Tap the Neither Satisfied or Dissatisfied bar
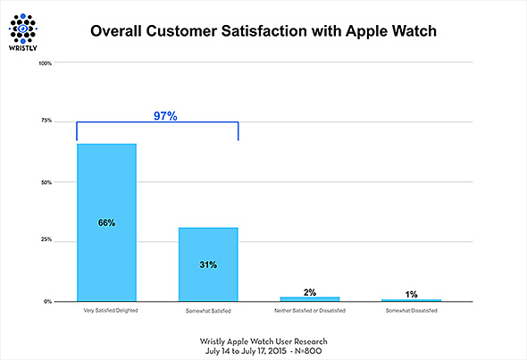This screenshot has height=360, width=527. [310, 298]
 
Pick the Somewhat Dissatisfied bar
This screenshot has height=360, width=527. [412, 300]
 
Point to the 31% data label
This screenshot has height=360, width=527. [208, 264]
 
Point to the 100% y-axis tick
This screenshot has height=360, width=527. [46, 63]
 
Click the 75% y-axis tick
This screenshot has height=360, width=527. [46, 121]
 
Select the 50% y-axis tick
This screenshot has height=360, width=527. [46, 182]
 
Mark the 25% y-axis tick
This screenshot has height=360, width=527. [46, 240]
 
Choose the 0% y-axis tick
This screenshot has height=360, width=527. [47, 302]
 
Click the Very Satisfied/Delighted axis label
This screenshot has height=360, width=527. [106, 311]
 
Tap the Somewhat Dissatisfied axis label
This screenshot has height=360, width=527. [412, 311]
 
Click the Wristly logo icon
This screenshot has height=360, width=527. [25, 25]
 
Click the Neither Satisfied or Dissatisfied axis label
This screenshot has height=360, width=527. [310, 311]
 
